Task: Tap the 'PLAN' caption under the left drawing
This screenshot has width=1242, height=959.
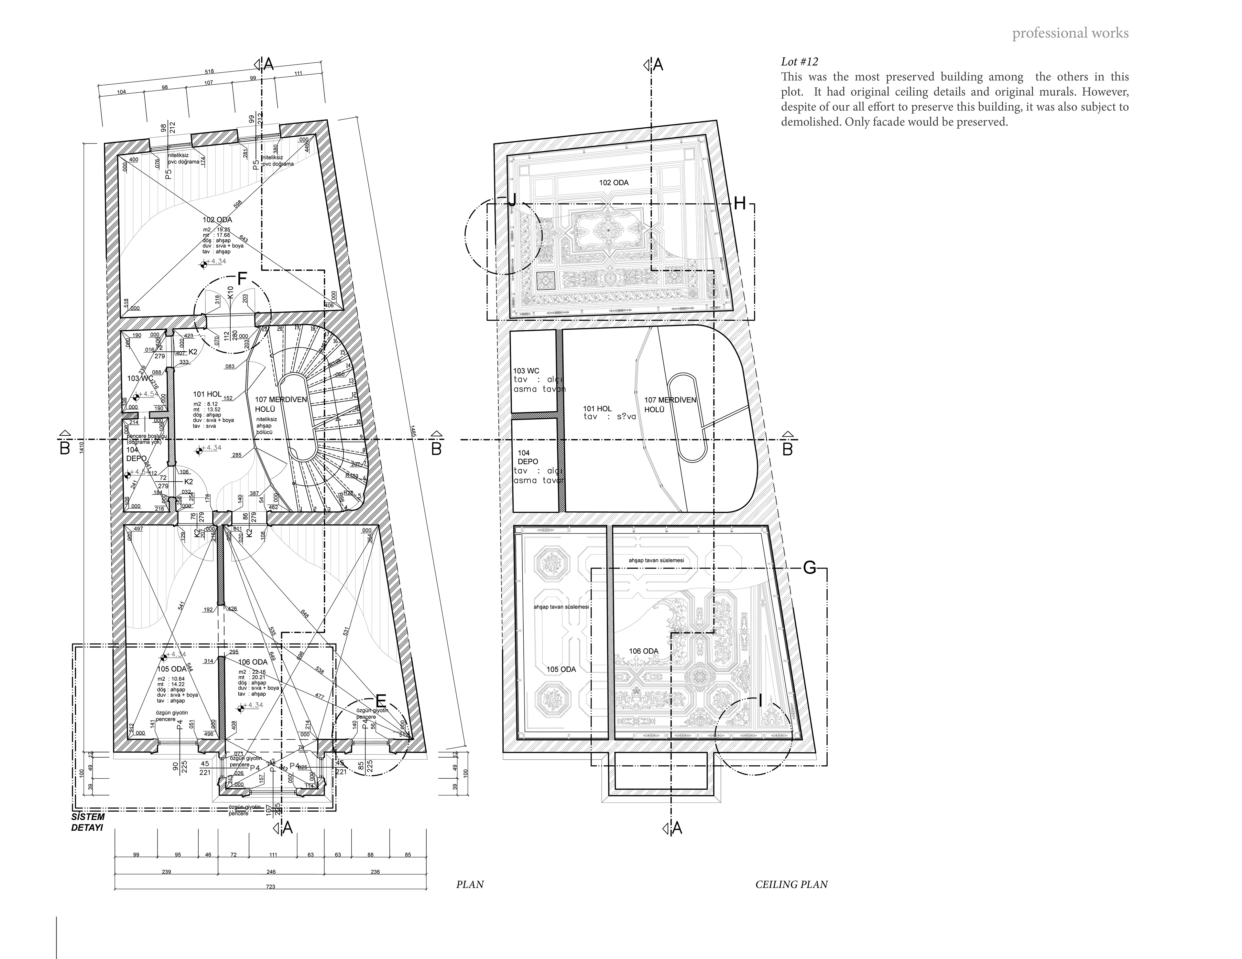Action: [470, 885]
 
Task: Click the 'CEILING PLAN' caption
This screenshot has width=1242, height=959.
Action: [791, 885]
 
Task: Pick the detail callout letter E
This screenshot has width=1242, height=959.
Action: [381, 701]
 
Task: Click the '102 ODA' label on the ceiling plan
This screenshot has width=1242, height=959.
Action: [614, 183]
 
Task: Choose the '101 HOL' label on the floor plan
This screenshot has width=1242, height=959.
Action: [207, 394]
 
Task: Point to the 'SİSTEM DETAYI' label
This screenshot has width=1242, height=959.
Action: [88, 822]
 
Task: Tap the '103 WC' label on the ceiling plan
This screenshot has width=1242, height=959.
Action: [526, 371]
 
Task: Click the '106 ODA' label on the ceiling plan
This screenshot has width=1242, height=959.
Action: [643, 651]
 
